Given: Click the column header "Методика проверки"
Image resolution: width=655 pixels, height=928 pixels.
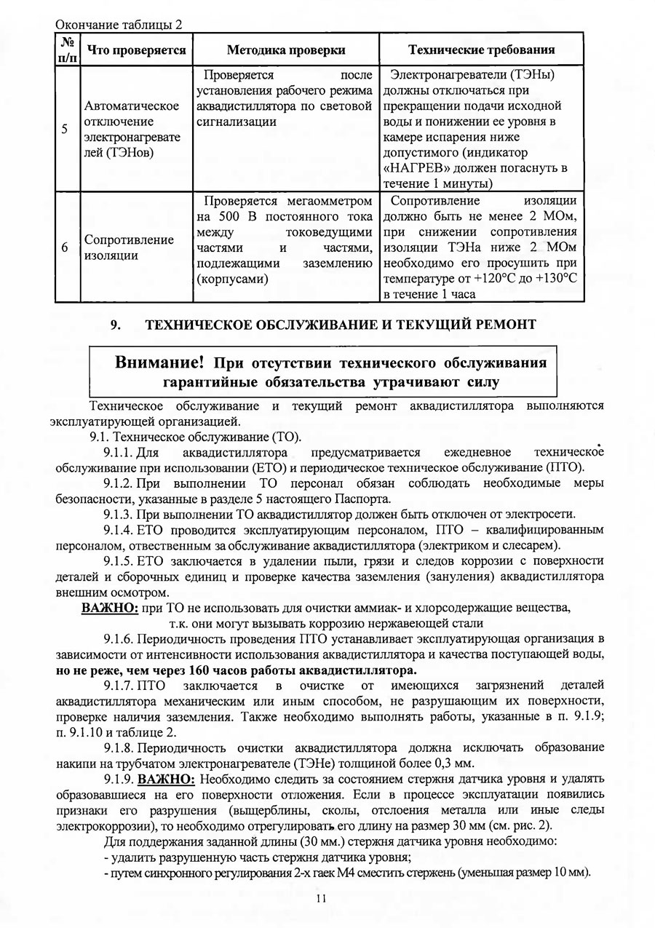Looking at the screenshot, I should (x=285, y=49).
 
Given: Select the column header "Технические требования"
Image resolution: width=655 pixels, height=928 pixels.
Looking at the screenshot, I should (x=482, y=49).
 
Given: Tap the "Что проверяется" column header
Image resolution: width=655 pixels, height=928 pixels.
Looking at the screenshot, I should (x=136, y=49).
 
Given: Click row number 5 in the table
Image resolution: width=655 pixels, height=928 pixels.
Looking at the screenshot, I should (x=65, y=129).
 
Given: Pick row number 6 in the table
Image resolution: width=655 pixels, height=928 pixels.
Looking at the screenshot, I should (x=65, y=247).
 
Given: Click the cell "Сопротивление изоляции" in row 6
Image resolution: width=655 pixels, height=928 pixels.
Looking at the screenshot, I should (x=129, y=247).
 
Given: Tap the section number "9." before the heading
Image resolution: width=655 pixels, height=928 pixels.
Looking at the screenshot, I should (x=114, y=325).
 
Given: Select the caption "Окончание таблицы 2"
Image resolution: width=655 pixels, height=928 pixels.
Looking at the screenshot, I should (x=118, y=24).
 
